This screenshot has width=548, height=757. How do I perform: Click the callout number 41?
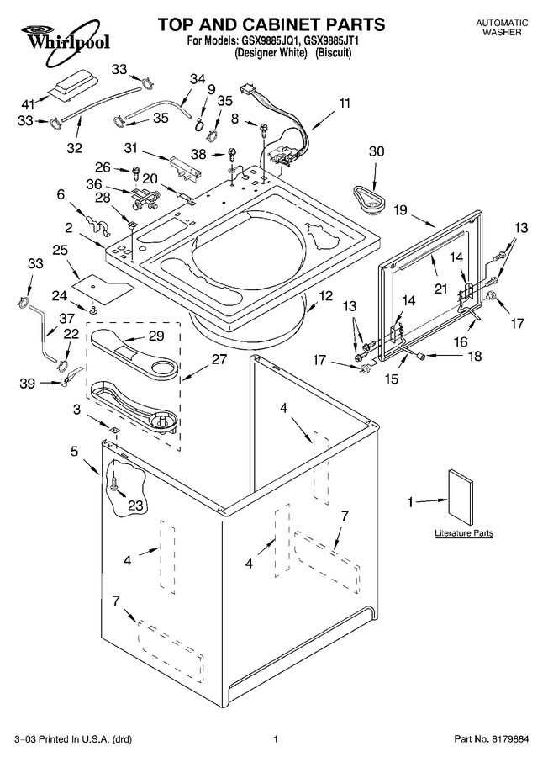[29, 103]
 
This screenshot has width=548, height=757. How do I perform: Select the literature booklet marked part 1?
[461, 496]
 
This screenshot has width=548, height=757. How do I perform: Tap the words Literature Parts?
[464, 533]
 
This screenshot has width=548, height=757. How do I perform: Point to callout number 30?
[377, 151]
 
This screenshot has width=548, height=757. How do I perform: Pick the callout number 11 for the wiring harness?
[345, 103]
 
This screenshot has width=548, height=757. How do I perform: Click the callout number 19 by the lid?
[400, 210]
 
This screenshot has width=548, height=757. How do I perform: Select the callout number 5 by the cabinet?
[74, 451]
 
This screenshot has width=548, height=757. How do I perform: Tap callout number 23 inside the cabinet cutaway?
[135, 505]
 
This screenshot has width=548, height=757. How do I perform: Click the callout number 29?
[156, 336]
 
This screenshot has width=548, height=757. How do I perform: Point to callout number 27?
[219, 358]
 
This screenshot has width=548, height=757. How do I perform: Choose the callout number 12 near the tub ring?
[326, 295]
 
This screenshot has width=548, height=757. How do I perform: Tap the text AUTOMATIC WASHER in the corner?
[502, 28]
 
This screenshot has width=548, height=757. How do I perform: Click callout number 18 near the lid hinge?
[475, 356]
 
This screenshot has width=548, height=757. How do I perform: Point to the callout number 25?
[61, 250]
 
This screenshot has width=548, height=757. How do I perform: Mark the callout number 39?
[28, 383]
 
